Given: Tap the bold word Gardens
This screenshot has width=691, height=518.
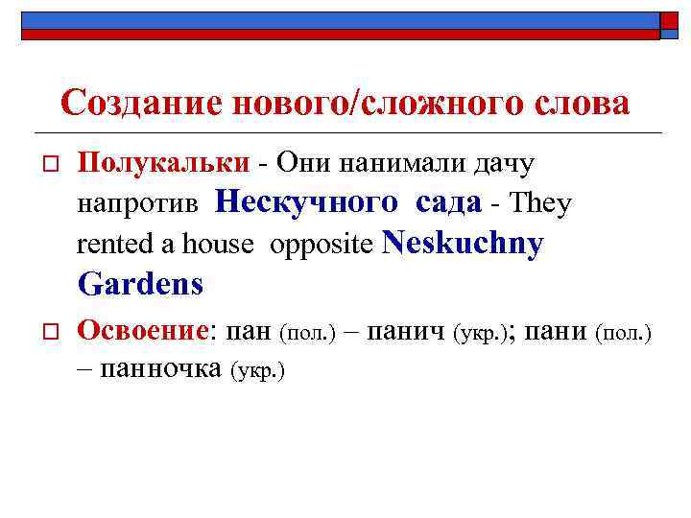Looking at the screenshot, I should coord(140,284).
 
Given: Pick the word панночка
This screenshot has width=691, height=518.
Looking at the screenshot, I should coord(160,368).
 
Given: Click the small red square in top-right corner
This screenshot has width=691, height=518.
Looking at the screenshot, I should coord(669,23).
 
